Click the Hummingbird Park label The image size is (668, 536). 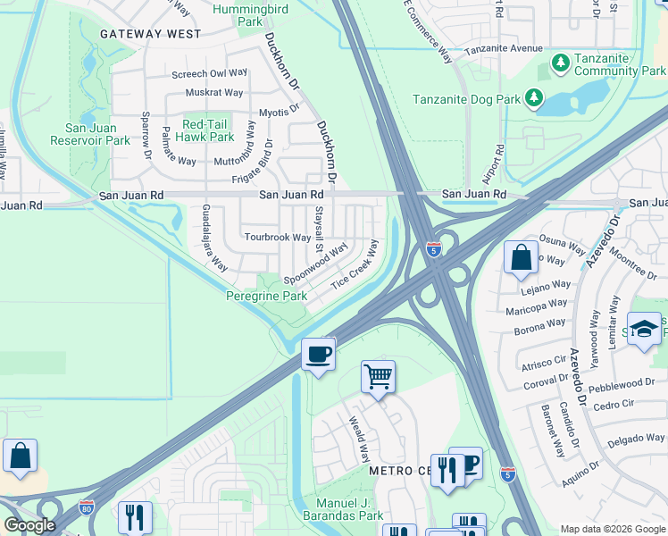click(251, 15)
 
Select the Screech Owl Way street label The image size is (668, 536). click(210, 73)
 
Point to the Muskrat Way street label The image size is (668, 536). click(214, 92)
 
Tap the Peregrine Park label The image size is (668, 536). click(267, 296)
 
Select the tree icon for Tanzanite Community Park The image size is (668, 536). click(560, 63)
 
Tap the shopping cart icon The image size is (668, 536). click(378, 376)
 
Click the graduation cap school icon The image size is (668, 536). click(643, 328)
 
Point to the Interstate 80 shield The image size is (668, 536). click(87, 507)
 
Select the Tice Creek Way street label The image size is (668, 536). click(355, 264)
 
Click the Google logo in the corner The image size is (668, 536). click(29, 525)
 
